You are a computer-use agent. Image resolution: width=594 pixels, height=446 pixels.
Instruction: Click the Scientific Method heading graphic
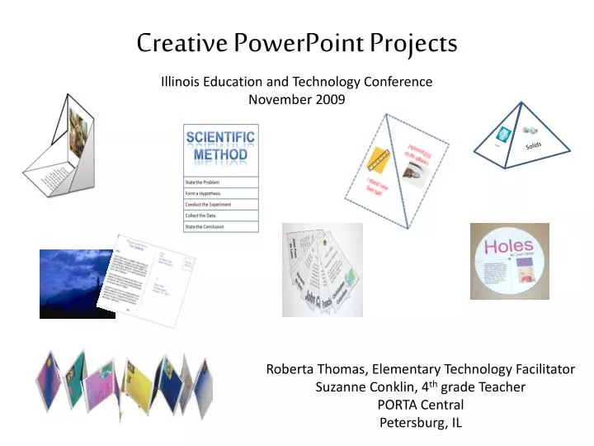220,147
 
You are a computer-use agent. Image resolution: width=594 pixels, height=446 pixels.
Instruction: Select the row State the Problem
220,182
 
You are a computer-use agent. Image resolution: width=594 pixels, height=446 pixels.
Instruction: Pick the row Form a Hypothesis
220,193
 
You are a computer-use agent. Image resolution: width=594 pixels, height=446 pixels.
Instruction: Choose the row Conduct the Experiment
220,204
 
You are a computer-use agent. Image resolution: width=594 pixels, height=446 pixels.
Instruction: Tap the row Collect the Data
220,216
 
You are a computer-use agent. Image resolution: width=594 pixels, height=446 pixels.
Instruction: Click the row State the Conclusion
220,226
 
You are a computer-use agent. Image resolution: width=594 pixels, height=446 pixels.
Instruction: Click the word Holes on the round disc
508,246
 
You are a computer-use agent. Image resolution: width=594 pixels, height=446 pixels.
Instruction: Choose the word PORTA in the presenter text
398,405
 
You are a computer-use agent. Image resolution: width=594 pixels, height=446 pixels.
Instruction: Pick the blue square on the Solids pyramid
502,135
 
